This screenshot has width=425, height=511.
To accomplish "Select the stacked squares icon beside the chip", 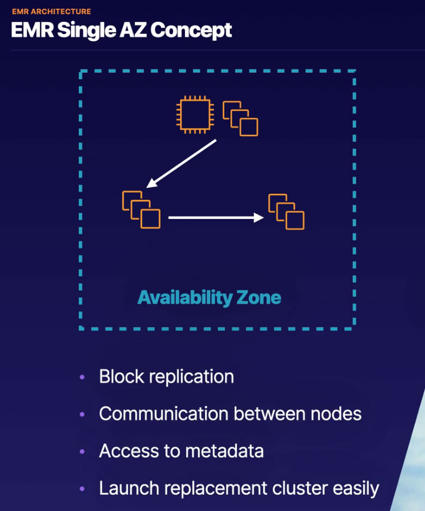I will pyautogui.click(x=241, y=118).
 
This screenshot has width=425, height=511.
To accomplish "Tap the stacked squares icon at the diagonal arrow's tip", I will pyautogui.click(x=141, y=209).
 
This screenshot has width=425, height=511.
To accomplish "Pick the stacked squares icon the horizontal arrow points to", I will pyautogui.click(x=286, y=211).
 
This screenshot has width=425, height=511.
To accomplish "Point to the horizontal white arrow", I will pyautogui.click(x=216, y=218).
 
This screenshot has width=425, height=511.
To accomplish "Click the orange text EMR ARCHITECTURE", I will pyautogui.click(x=51, y=11).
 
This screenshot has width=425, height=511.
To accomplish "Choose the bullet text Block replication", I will pyautogui.click(x=166, y=377).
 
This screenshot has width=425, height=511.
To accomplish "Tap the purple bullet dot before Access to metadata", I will pyautogui.click(x=82, y=451).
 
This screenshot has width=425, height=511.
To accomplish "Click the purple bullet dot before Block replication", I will pyautogui.click(x=82, y=377).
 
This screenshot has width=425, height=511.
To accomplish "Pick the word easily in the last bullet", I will pyautogui.click(x=352, y=488).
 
